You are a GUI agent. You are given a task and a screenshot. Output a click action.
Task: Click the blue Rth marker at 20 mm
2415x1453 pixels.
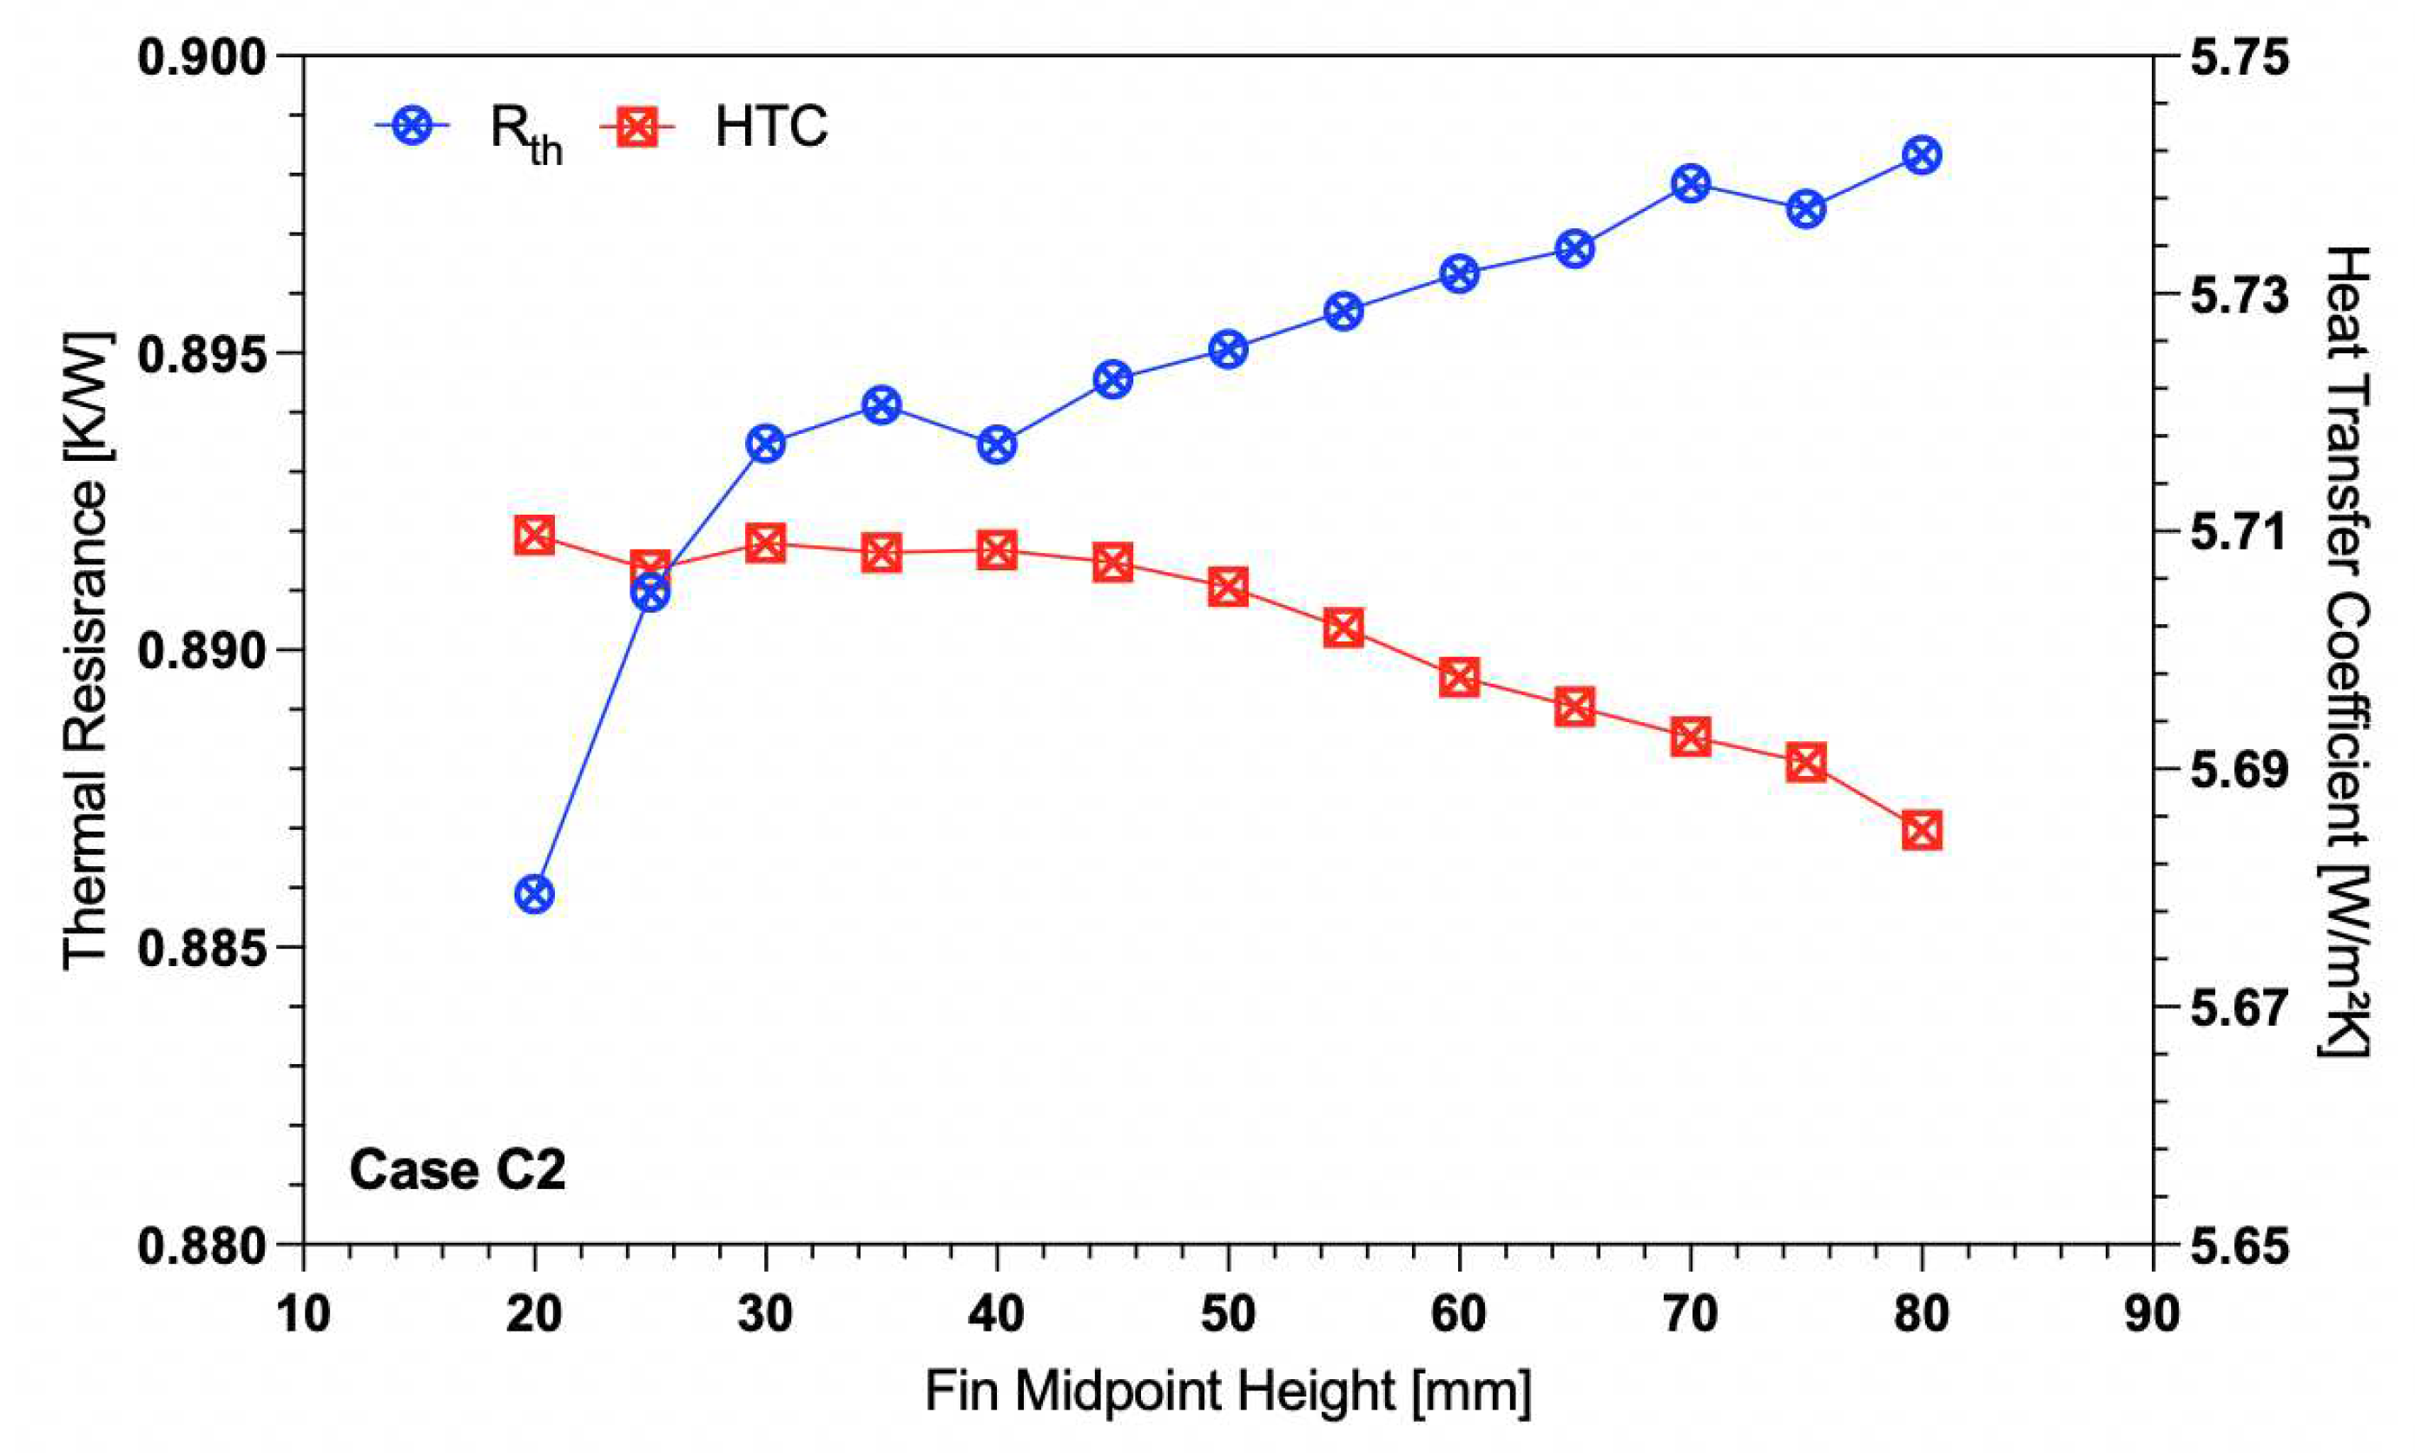click(x=534, y=894)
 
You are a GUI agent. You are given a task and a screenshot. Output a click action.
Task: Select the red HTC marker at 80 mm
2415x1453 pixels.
click(x=1922, y=832)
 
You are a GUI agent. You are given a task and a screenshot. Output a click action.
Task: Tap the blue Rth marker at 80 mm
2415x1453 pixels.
click(x=1922, y=155)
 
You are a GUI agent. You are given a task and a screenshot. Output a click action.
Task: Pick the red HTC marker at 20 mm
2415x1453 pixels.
click(x=534, y=536)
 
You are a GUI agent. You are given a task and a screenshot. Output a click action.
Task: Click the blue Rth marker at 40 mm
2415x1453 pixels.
click(x=996, y=445)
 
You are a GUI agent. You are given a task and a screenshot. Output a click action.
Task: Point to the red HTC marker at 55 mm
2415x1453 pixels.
click(x=1343, y=628)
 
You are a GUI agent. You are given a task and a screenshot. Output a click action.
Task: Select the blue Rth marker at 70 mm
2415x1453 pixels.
click(x=1690, y=183)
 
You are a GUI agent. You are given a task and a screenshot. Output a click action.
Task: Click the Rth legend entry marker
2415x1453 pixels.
click(x=413, y=127)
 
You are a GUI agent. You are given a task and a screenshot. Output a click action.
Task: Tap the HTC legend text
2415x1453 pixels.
click(x=771, y=128)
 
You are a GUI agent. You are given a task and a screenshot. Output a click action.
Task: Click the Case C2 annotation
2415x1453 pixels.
click(x=458, y=1170)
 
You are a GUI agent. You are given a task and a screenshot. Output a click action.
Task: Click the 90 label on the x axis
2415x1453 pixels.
click(x=2153, y=1313)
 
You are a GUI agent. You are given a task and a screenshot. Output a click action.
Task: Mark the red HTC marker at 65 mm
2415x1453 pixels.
click(x=1574, y=706)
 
